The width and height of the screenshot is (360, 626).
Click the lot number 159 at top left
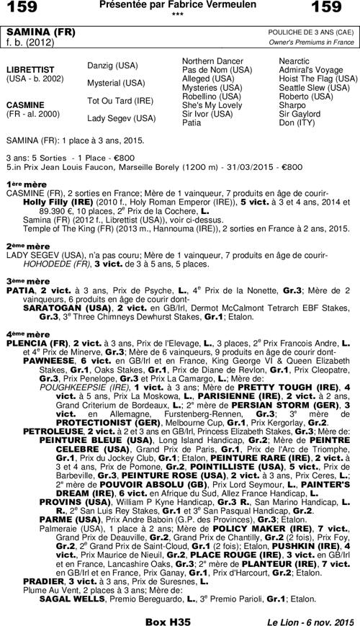21,9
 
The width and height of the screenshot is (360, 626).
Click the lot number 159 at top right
338,9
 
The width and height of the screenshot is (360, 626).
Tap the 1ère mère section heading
18,185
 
